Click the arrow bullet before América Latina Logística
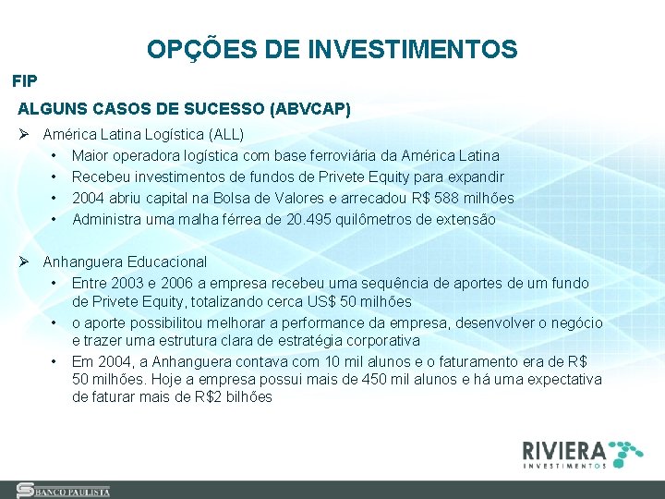tap(24, 133)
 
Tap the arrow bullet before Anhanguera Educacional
tap(24, 262)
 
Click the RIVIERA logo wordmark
tap(564, 452)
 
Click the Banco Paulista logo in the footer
tap(64, 491)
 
